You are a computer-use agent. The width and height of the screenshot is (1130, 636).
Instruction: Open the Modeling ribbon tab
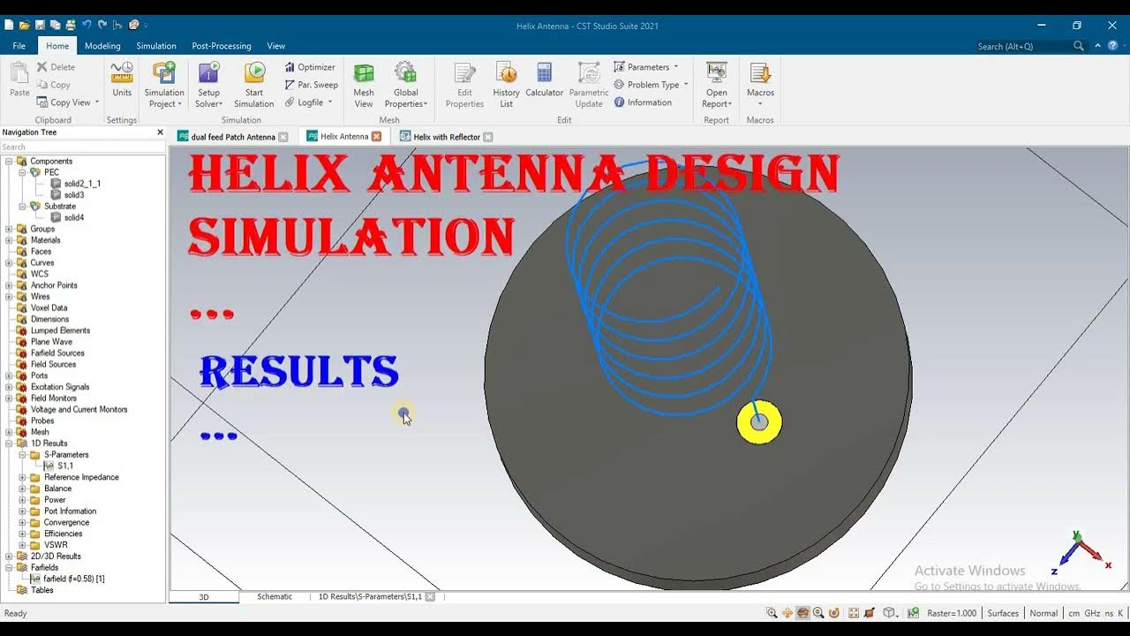(102, 46)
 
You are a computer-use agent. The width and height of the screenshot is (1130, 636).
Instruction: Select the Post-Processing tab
(222, 46)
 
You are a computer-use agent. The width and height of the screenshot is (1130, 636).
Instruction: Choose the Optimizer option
(310, 67)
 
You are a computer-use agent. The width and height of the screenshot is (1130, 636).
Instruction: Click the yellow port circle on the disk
(759, 422)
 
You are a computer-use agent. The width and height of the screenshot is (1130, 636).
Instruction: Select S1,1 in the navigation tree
(65, 466)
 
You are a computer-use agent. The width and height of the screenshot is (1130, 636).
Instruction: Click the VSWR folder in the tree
(56, 545)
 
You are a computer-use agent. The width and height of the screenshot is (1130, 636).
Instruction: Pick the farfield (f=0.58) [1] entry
(73, 579)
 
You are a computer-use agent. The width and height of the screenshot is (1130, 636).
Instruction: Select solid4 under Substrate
(73, 217)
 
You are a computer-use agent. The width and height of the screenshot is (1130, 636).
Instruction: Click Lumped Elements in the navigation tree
(60, 330)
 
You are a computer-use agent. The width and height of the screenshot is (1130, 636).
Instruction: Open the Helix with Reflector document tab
(446, 137)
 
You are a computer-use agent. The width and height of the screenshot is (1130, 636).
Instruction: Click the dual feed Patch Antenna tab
(232, 137)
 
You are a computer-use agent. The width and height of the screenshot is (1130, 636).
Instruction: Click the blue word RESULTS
(298, 373)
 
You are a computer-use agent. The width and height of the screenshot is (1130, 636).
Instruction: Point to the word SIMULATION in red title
(351, 238)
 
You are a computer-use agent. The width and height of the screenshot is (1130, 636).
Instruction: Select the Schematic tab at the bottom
(275, 597)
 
